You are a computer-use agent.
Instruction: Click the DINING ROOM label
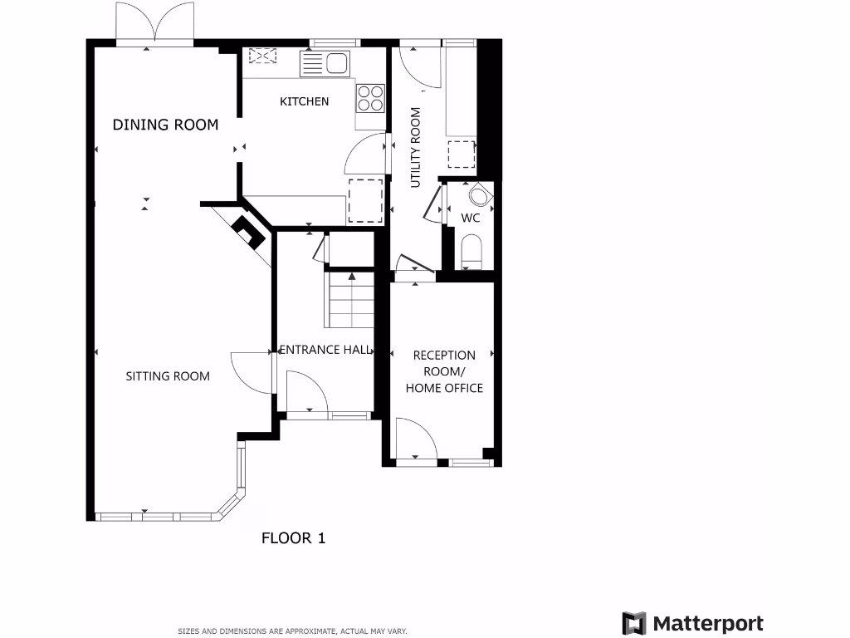[x=165, y=125]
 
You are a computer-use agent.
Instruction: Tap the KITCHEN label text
[x=304, y=101]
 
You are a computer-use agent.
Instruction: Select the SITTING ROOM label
[x=168, y=376]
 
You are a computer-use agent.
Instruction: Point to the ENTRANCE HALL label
[x=325, y=350]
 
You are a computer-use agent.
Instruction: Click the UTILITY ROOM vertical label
[x=416, y=146]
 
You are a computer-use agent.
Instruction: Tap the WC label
[x=471, y=218]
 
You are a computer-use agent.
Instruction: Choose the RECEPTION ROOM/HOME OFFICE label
[x=444, y=371]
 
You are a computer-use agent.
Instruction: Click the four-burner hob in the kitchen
[x=370, y=98]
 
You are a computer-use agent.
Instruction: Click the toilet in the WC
[x=471, y=252]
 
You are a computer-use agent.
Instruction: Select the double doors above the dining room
[x=155, y=23]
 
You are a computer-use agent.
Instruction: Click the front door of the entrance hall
[x=306, y=392]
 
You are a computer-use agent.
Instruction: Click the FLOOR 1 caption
[x=294, y=538]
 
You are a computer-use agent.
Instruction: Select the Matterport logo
[x=692, y=623]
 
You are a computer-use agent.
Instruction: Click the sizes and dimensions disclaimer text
[x=292, y=631]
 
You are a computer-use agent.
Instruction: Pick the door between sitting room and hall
[x=251, y=372]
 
